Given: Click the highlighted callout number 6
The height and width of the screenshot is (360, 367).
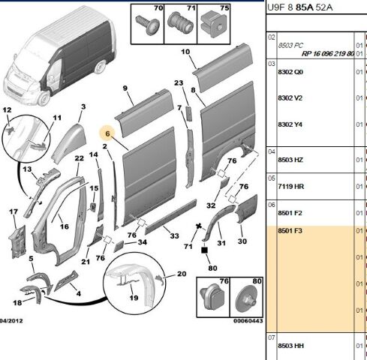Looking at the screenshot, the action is (x=107, y=133).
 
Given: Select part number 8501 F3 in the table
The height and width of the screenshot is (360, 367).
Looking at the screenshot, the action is (x=290, y=230).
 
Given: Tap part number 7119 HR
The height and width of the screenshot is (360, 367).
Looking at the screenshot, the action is (x=291, y=186).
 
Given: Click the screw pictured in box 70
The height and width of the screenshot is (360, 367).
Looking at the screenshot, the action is (x=147, y=25).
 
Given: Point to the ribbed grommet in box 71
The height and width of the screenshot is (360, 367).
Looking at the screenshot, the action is (x=180, y=23).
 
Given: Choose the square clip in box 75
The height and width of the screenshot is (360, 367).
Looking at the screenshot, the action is (x=214, y=24).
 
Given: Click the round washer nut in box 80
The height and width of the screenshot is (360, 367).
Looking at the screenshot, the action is (x=247, y=298).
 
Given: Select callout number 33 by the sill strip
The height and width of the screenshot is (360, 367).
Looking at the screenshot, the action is (x=174, y=235).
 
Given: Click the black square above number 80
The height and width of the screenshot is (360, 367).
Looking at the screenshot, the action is (x=204, y=250).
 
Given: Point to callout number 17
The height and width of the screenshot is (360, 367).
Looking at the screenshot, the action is (x=14, y=211).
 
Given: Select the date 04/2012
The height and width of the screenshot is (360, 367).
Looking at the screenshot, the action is (x=11, y=321).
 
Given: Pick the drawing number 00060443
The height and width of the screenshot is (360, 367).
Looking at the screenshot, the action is (x=248, y=321).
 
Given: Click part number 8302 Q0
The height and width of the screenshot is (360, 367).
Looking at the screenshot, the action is (x=290, y=72).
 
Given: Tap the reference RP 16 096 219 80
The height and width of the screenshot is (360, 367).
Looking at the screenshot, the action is (x=328, y=53).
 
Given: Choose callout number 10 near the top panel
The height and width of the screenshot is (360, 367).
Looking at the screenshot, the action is (x=185, y=52).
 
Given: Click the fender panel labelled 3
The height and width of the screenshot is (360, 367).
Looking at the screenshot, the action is (x=68, y=142).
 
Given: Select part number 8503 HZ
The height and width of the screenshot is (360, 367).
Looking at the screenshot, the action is (x=290, y=160).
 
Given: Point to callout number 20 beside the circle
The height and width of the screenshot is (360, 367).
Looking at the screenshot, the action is (x=182, y=274).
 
